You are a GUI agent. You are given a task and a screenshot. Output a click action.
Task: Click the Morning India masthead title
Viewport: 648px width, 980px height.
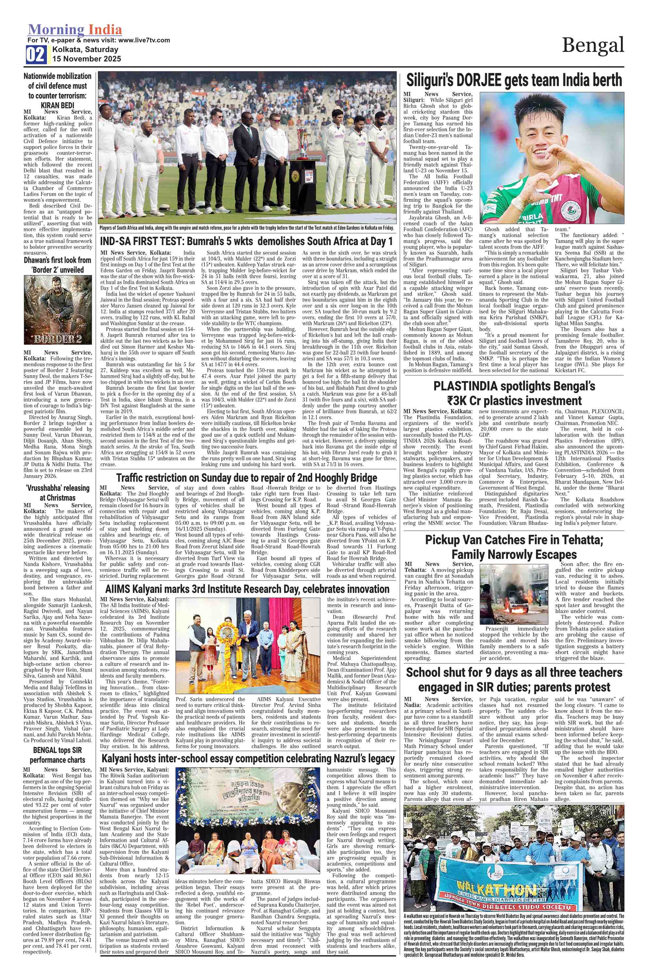[x=75, y=30]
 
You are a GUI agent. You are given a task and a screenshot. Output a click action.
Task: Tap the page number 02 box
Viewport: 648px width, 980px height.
[x=36, y=55]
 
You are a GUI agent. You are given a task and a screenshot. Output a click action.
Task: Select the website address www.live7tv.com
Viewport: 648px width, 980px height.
[x=144, y=40]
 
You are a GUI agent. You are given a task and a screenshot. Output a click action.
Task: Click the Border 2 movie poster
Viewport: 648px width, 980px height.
[x=58, y=310]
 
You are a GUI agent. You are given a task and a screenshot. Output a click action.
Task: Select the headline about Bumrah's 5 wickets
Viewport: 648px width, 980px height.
[x=246, y=241]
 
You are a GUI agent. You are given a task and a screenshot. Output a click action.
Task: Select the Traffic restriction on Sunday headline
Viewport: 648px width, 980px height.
[x=246, y=478]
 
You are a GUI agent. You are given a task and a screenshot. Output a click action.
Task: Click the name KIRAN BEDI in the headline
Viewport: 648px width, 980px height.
[x=57, y=105]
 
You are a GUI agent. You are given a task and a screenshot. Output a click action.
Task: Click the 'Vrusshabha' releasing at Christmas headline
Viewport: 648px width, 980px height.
[x=57, y=493]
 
